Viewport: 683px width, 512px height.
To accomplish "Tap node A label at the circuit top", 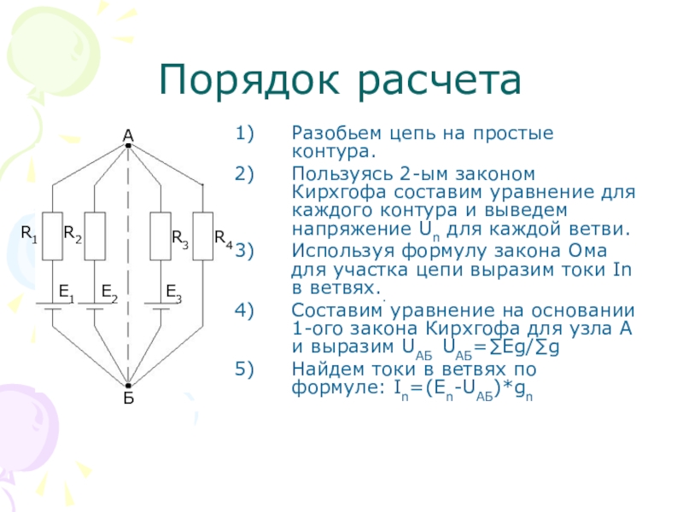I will tap(128, 135).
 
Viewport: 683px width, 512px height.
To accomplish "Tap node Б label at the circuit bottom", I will tap(128, 398).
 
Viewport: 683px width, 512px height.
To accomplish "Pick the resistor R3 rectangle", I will tap(161, 236).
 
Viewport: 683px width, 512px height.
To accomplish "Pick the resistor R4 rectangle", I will tap(202, 236).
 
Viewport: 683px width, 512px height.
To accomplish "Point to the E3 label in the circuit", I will tap(173, 293).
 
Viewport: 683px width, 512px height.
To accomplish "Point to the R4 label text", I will tap(223, 237).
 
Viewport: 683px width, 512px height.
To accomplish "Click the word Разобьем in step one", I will tap(328, 135).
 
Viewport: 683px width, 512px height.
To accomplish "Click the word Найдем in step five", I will tap(319, 369).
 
